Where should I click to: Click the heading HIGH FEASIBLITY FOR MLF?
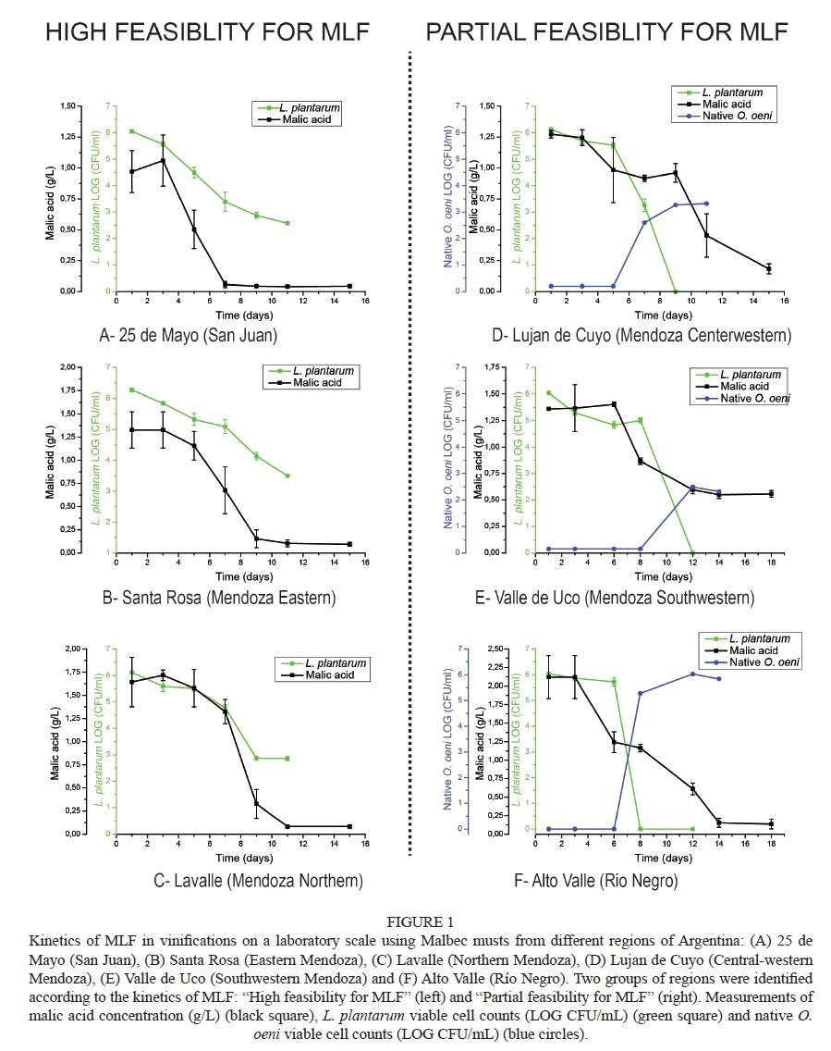(x=208, y=32)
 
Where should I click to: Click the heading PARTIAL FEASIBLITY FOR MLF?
(x=606, y=32)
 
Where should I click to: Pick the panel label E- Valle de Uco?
(x=614, y=598)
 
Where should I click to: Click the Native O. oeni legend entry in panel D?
(x=737, y=116)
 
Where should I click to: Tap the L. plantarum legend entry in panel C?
(x=326, y=663)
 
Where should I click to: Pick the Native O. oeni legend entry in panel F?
(x=763, y=662)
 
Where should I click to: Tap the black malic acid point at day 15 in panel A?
(x=349, y=286)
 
